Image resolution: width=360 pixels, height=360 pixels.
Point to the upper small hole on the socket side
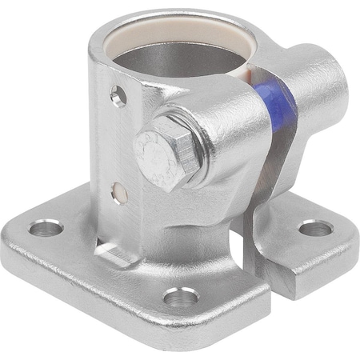tap(118, 98)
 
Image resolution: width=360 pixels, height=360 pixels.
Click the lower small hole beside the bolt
tap(118, 193)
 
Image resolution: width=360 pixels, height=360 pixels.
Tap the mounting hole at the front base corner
tap(180, 298)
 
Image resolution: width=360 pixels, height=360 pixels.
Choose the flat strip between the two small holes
tap(118, 144)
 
